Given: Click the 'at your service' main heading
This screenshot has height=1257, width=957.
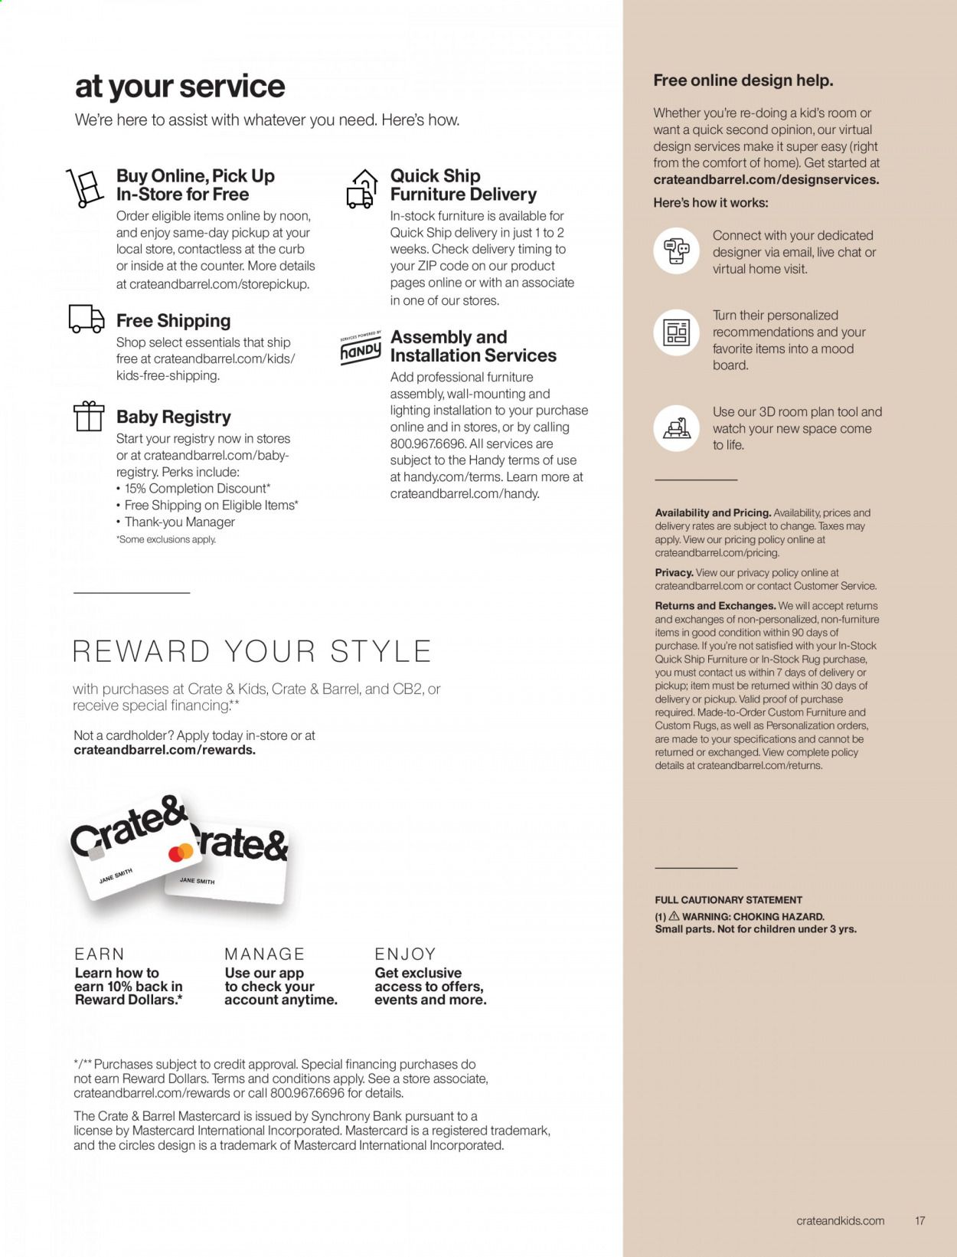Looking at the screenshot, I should (180, 87).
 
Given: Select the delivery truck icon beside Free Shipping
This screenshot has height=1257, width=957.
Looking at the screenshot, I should (86, 319).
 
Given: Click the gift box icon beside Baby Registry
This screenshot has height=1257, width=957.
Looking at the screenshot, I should (88, 416).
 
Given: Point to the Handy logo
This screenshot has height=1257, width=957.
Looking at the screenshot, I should (360, 349).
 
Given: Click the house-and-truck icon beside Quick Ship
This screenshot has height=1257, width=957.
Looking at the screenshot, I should (361, 188).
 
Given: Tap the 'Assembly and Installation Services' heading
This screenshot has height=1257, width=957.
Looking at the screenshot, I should (473, 346).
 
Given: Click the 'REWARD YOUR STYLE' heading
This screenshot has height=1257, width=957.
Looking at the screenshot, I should (252, 651).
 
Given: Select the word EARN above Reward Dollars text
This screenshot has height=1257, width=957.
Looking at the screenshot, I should (99, 954).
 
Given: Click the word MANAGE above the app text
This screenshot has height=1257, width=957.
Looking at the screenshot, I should (264, 954).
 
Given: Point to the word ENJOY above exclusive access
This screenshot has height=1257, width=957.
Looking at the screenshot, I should (405, 954).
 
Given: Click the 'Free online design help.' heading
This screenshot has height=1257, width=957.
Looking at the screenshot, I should (743, 80).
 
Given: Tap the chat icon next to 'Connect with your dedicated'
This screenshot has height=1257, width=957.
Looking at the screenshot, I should (676, 250).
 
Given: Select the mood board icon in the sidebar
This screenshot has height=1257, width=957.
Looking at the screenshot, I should (676, 332).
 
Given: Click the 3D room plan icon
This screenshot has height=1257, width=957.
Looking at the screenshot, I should (676, 427).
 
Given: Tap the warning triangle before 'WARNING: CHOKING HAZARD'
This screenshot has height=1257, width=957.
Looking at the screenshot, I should (674, 916).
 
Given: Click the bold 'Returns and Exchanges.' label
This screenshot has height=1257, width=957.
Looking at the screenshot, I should (715, 606).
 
